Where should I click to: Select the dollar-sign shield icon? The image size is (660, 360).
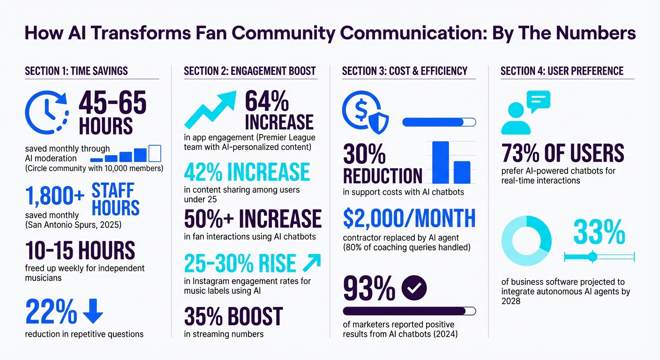click(x=365, y=112)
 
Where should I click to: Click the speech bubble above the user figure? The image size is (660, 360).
click(x=538, y=100)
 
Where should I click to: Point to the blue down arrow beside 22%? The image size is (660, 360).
click(x=93, y=311)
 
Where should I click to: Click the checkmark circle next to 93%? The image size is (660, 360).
click(x=414, y=288)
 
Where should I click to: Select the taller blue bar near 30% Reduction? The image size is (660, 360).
click(x=441, y=162)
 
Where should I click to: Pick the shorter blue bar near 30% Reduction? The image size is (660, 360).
click(x=462, y=172)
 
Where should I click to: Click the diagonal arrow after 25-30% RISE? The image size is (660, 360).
click(x=312, y=263)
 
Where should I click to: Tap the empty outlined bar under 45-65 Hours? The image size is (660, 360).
click(x=155, y=153)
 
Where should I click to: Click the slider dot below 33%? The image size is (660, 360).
click(x=592, y=256)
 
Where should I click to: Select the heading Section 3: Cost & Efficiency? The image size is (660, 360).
click(x=405, y=71)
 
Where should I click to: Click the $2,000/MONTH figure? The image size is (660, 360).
click(x=409, y=218)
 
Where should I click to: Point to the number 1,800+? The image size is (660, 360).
click(x=55, y=195)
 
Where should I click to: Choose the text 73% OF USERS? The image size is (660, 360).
click(x=563, y=153)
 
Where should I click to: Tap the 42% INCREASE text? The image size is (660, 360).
click(x=247, y=172)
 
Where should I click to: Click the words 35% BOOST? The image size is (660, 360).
click(x=233, y=316)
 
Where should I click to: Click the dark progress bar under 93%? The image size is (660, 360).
click(x=409, y=311)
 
